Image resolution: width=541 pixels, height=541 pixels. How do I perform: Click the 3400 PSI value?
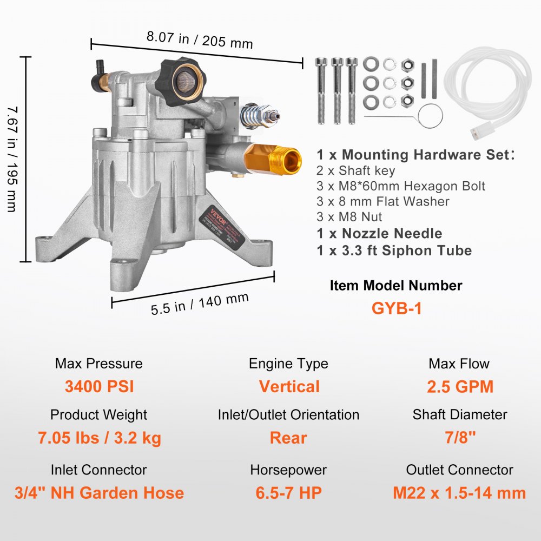pyautogui.click(x=99, y=387)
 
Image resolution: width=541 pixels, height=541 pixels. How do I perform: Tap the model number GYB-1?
pyautogui.click(x=396, y=308)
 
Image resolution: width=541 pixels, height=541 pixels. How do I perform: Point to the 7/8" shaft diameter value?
pyautogui.click(x=460, y=438)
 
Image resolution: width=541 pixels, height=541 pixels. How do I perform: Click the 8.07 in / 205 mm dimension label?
pyautogui.click(x=200, y=41)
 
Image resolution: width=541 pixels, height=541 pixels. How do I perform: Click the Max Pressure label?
pyautogui.click(x=99, y=364)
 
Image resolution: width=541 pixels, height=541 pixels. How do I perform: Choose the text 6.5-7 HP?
pyautogui.click(x=288, y=493)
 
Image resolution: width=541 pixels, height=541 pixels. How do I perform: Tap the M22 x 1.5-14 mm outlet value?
pyautogui.click(x=459, y=493)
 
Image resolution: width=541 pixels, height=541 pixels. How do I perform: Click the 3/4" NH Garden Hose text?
pyautogui.click(x=99, y=493)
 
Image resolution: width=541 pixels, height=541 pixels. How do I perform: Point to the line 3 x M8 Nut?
pyautogui.click(x=349, y=217)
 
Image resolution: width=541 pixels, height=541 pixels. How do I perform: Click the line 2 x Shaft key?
pyautogui.click(x=356, y=171)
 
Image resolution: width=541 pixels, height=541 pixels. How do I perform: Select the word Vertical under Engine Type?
pyautogui.click(x=289, y=387)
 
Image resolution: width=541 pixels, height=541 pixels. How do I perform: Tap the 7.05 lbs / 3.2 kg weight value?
pyautogui.click(x=99, y=438)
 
